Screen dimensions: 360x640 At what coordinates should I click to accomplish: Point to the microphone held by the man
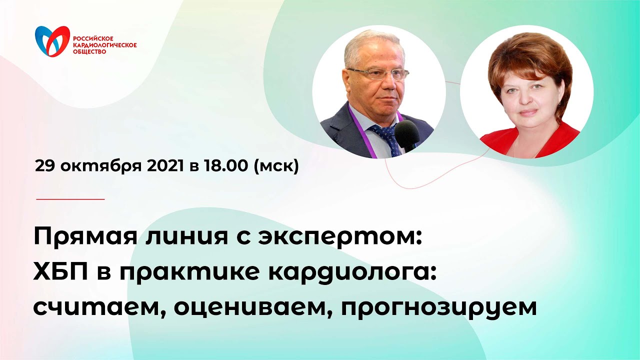[406, 134]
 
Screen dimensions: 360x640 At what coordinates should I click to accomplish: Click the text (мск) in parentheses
[276, 166]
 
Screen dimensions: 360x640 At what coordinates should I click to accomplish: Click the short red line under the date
[70, 199]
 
